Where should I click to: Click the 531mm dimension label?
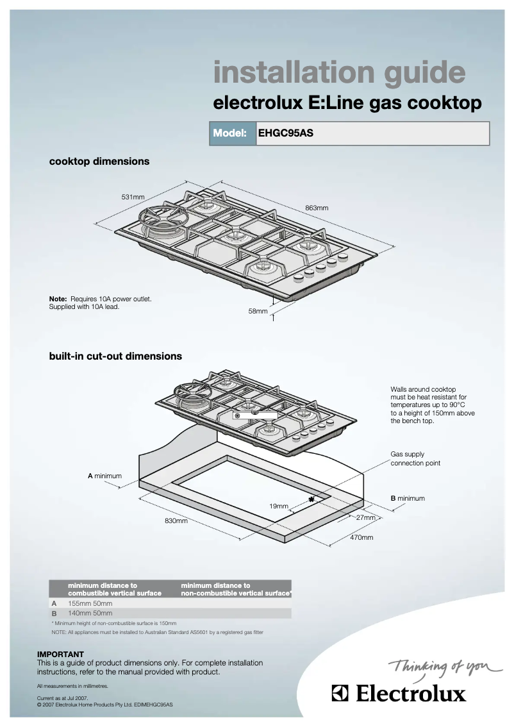point(133,196)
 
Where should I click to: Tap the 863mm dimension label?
point(317,208)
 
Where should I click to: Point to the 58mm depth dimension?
point(258,312)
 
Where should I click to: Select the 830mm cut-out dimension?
point(176,521)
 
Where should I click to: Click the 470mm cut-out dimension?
point(361,537)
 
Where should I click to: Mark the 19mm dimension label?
point(279,506)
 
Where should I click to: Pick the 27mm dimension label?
point(365,517)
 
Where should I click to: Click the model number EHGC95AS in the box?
point(285,134)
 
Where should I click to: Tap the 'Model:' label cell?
point(230,134)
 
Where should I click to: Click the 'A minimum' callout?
point(104,476)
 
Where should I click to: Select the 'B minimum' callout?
point(408,498)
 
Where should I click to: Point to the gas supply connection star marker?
point(312,499)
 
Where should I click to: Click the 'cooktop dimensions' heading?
point(99,162)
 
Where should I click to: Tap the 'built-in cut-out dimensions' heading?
point(115,356)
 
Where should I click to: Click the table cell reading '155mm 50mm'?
point(90,603)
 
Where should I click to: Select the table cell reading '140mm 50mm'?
point(90,614)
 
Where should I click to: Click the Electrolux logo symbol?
point(340,693)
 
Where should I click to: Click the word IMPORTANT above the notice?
point(61,655)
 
